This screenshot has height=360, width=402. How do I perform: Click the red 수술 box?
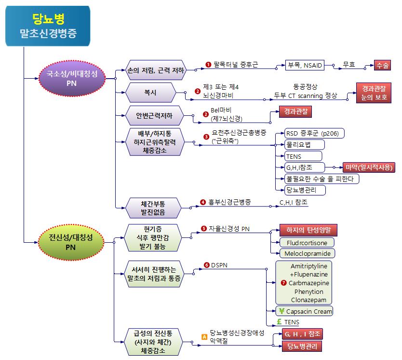[384, 66]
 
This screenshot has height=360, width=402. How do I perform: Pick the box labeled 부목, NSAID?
[305, 65]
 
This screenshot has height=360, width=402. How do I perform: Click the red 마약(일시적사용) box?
[369, 167]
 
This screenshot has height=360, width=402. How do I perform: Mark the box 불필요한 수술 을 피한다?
[322, 179]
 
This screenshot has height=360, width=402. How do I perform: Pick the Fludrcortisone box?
[307, 242]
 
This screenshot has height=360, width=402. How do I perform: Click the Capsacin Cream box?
[305, 311]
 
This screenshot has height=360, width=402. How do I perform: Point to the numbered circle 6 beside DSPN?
[207, 265]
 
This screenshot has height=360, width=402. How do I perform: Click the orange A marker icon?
[204, 337]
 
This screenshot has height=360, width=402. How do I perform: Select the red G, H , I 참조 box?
[303, 334]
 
